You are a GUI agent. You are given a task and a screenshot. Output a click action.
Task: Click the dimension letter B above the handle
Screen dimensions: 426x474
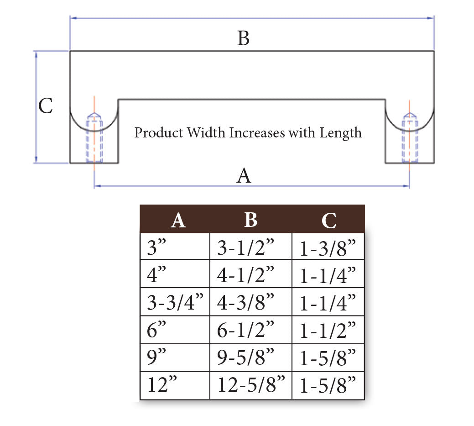click(244, 39)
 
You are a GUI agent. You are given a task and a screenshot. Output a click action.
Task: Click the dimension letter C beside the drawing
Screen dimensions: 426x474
click(46, 106)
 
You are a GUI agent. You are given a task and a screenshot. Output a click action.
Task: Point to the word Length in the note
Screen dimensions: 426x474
click(340, 133)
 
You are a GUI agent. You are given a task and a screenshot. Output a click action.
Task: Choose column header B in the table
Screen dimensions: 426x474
click(250, 220)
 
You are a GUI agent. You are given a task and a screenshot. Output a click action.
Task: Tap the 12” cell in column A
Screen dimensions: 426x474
click(162, 385)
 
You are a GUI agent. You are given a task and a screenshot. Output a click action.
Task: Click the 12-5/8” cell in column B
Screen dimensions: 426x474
click(251, 385)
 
